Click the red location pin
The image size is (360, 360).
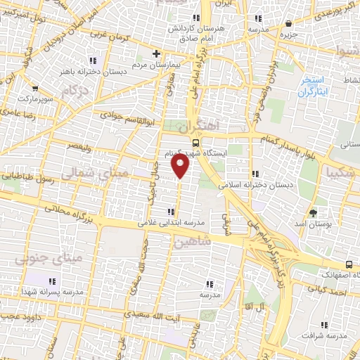click(x=181, y=166)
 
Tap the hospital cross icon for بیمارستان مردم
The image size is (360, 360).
click(x=157, y=53)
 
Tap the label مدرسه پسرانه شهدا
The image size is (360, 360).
click(x=53, y=291)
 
